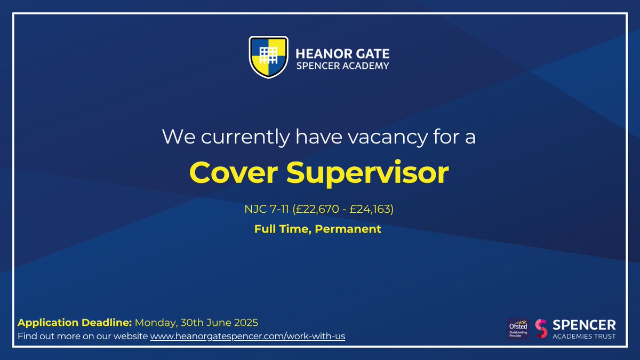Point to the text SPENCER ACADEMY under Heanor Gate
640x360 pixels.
click(342, 66)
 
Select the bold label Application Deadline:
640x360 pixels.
click(75, 323)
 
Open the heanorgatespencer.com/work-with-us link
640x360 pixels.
click(247, 337)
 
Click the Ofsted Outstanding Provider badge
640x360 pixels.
click(518, 329)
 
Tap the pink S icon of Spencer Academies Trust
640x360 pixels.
click(541, 329)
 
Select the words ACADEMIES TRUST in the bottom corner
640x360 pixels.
click(584, 336)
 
